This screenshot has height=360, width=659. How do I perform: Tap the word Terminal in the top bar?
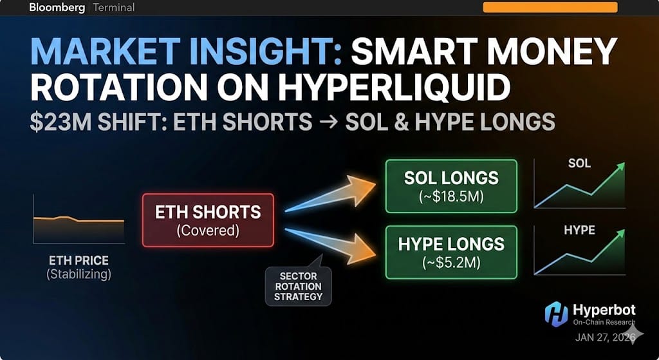pyautogui.click(x=114, y=8)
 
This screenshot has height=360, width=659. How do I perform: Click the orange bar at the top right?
pyautogui.click(x=550, y=7)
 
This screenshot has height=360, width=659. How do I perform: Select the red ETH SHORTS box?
pyautogui.click(x=208, y=220)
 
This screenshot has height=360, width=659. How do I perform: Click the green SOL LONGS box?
pyautogui.click(x=451, y=185)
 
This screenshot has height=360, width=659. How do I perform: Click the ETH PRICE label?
pyautogui.click(x=79, y=261)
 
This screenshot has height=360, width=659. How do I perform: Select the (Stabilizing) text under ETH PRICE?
pyautogui.click(x=79, y=275)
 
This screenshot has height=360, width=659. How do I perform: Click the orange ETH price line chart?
pyautogui.click(x=79, y=221)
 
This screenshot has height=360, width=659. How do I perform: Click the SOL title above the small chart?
pyautogui.click(x=579, y=163)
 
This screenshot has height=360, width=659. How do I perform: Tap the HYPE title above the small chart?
pyautogui.click(x=579, y=230)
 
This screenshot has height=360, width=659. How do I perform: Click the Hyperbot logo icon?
pyautogui.click(x=557, y=314)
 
